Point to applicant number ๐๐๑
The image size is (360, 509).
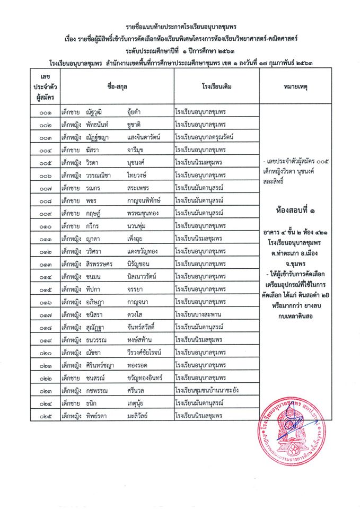45,112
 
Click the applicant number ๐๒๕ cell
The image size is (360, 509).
45,415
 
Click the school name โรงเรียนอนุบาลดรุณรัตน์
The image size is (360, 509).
208,137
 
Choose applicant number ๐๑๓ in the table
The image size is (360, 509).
45,264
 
